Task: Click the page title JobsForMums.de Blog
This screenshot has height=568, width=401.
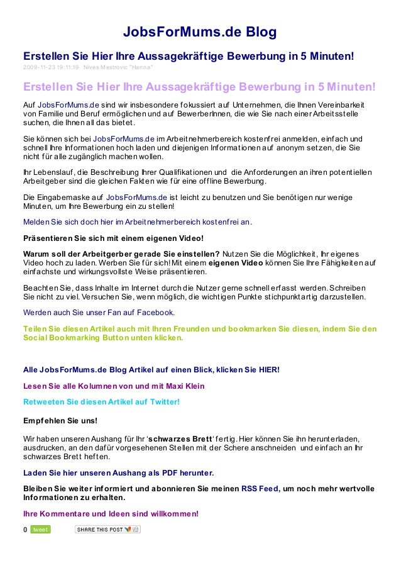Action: [x=200, y=32]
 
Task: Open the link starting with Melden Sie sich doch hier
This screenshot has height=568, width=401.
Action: [x=137, y=222]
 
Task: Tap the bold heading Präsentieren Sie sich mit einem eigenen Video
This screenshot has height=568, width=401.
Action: [x=113, y=238]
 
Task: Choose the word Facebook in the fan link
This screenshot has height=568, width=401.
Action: [x=153, y=311]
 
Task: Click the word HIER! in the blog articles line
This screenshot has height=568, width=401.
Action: [x=269, y=369]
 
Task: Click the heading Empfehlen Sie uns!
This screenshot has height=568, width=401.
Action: [x=60, y=420]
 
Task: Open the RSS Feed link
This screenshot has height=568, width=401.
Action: [x=260, y=489]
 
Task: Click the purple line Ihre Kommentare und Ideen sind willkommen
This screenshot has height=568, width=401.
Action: [x=111, y=514]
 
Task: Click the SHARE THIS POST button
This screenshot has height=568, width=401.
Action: [x=107, y=530]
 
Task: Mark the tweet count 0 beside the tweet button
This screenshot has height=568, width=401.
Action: [x=25, y=530]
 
